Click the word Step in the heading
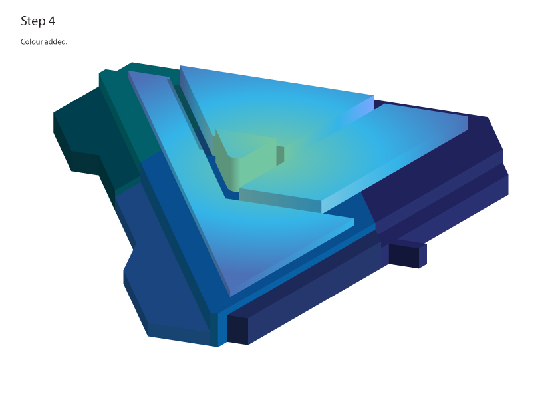coord(33,21)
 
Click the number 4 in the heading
coord(51,21)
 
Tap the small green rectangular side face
coord(280,156)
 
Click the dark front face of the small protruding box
coord(404,255)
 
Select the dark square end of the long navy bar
coord(237,330)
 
